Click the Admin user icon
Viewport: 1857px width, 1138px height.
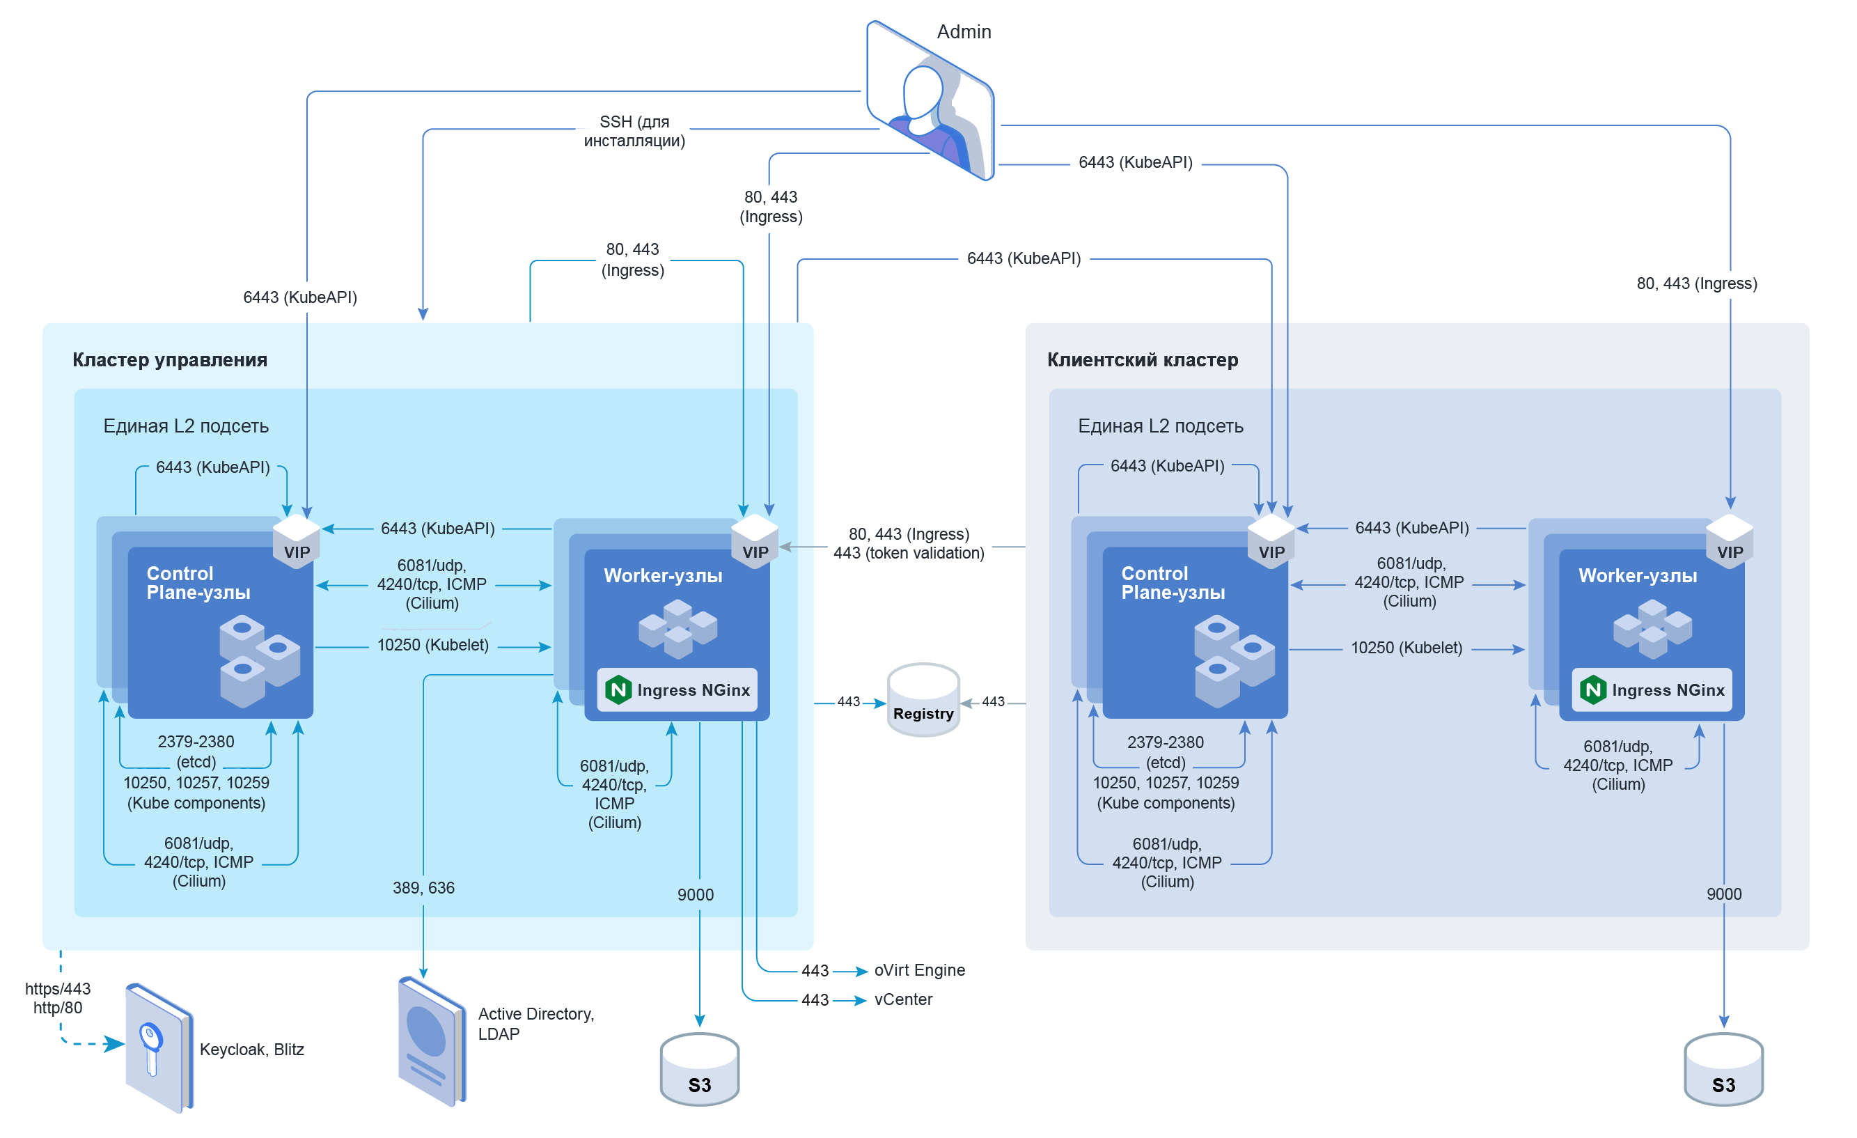(x=931, y=102)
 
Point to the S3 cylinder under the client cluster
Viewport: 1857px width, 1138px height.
(x=1723, y=1070)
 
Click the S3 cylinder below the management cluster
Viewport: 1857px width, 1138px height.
(x=699, y=1070)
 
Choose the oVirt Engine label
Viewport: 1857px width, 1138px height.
(x=920, y=970)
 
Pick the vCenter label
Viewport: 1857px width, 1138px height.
(x=903, y=999)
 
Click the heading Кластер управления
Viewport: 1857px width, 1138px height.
(x=170, y=359)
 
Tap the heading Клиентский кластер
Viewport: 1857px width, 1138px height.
(x=1143, y=359)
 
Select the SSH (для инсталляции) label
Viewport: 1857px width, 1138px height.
(x=634, y=131)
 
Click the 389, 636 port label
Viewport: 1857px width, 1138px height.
(x=423, y=888)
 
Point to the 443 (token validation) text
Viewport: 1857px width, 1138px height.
(x=909, y=553)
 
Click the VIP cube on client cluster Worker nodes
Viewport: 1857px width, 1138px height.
(x=1730, y=541)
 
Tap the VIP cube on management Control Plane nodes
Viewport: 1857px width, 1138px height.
(x=296, y=541)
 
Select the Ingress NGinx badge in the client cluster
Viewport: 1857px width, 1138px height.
(x=1652, y=689)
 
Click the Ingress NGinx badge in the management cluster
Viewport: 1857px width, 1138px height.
(x=677, y=689)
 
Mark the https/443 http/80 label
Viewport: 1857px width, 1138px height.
(x=57, y=998)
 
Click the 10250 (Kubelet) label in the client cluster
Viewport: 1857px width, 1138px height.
(x=1407, y=648)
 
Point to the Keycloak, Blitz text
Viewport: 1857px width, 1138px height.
(x=252, y=1049)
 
